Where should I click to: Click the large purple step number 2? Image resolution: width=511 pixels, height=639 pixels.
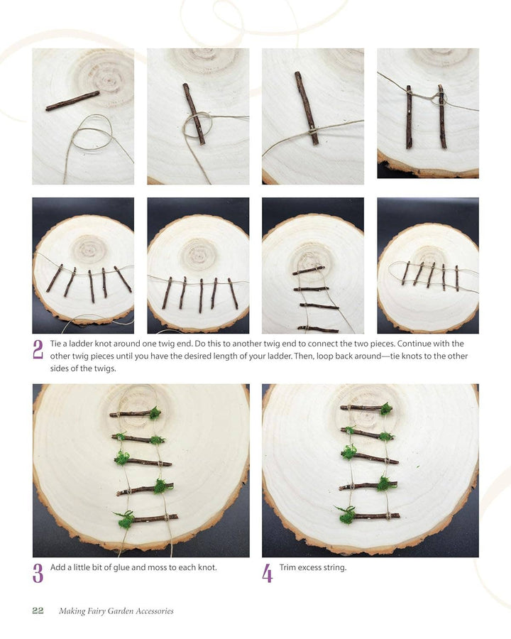point(38,349)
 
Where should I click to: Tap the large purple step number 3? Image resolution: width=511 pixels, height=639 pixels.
point(38,573)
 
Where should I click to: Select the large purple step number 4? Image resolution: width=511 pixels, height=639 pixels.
point(267,573)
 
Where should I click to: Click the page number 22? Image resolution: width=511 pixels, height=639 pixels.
point(38,610)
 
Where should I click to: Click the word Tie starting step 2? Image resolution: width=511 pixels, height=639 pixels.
point(56,344)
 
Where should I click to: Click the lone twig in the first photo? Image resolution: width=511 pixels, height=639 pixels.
point(72,101)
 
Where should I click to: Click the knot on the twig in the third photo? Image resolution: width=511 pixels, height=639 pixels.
point(312,131)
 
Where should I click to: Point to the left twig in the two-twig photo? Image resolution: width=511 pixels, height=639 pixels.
point(409,117)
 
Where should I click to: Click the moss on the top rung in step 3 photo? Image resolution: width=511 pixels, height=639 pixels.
point(155,413)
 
